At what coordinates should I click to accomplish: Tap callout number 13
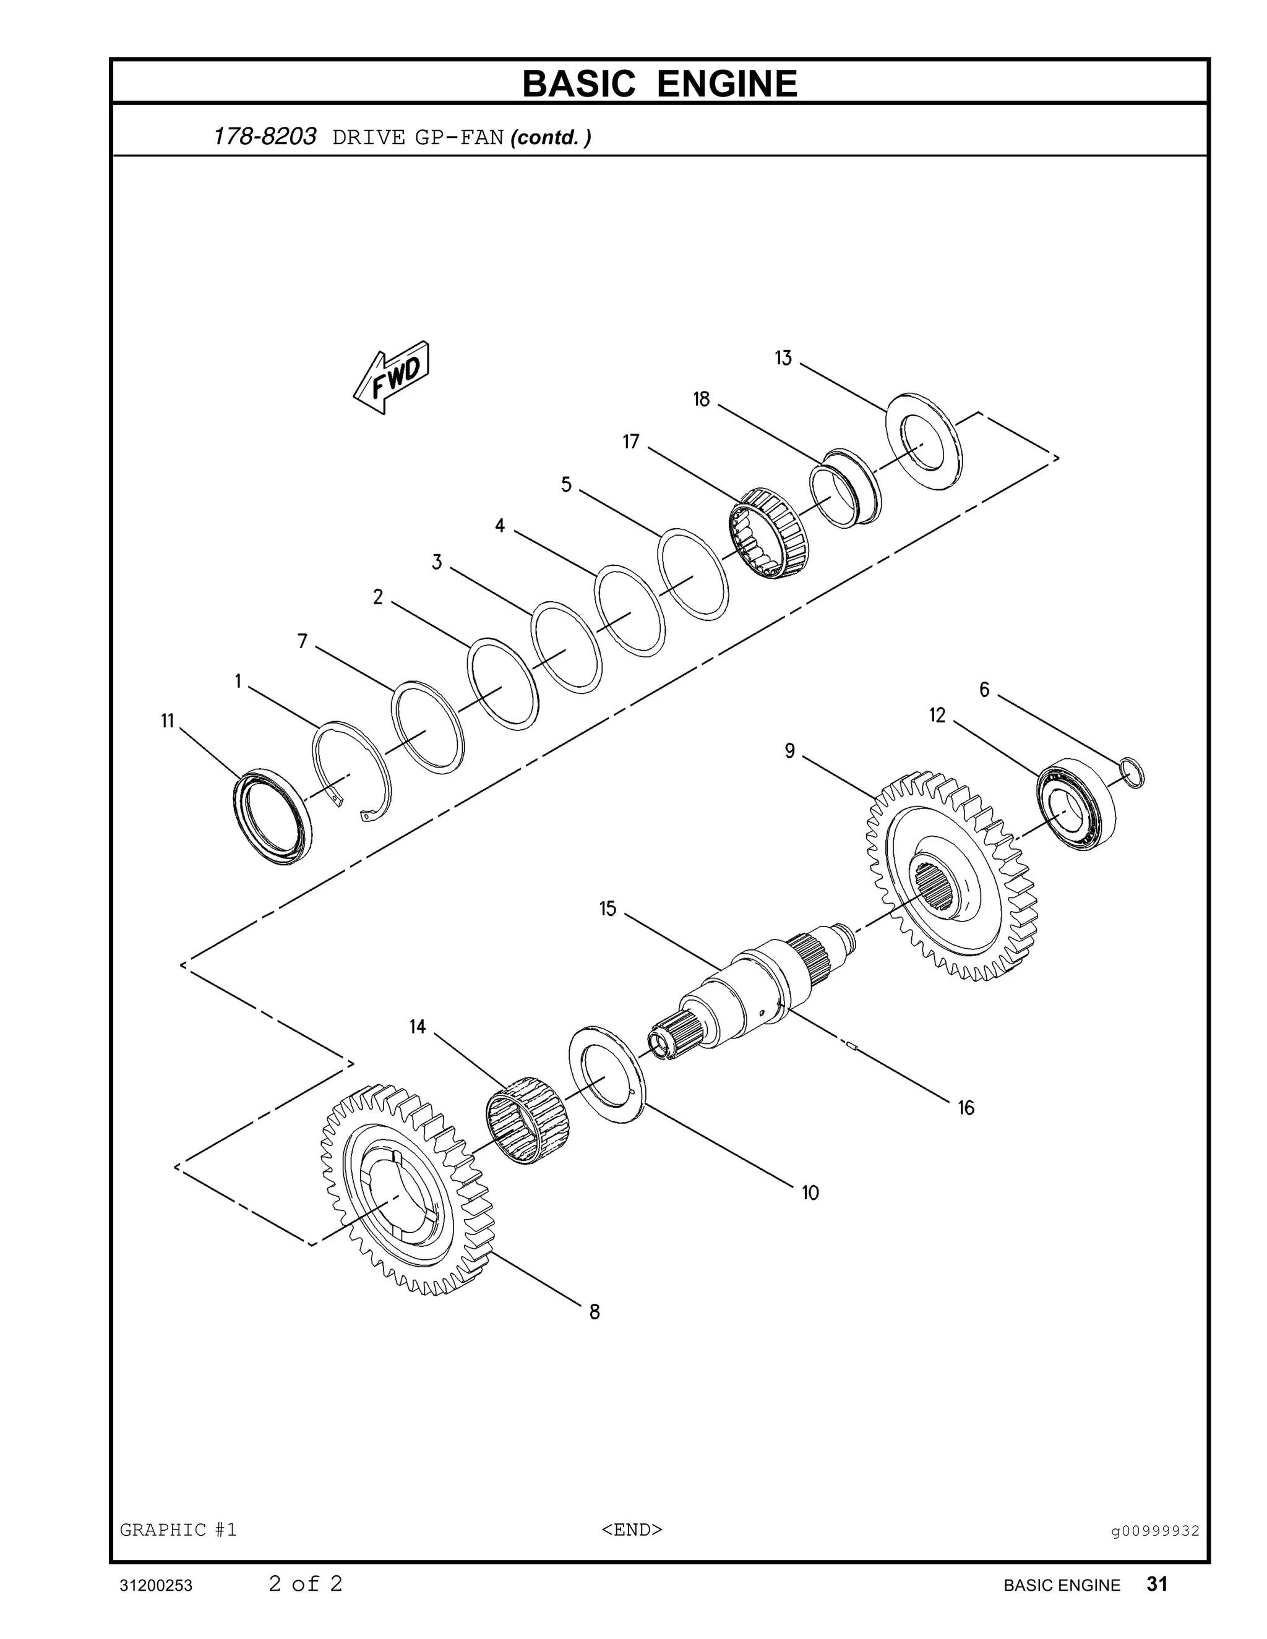[x=783, y=359]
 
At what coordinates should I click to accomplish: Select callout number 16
[x=965, y=1108]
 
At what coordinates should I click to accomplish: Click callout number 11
[x=168, y=721]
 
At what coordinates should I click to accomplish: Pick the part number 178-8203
[x=265, y=137]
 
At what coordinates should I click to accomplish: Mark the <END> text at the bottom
[x=632, y=1530]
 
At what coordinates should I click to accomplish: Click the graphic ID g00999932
[x=1155, y=1531]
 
